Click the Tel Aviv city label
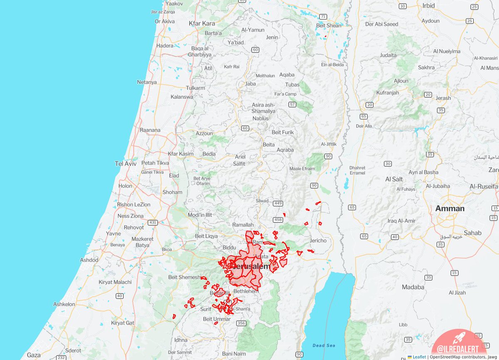(126, 164)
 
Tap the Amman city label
(450, 209)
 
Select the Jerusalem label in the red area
(250, 266)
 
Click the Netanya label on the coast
(147, 82)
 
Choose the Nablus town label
(261, 118)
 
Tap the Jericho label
(318, 241)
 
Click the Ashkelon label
(64, 304)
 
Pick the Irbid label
(428, 5)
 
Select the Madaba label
(413, 287)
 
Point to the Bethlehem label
(246, 291)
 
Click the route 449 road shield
(278, 203)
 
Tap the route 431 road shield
(153, 223)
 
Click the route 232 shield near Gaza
(61, 358)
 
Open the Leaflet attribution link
(419, 357)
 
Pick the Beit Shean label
(329, 25)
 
